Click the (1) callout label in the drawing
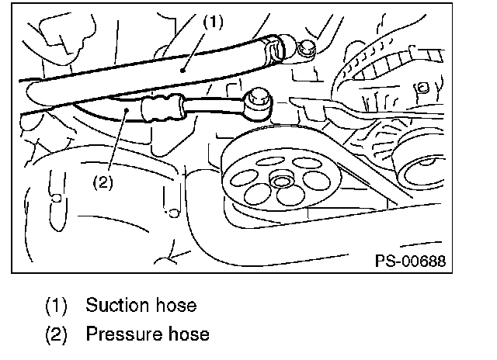pyautogui.click(x=214, y=22)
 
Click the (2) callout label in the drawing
pyautogui.click(x=103, y=183)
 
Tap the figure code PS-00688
pyautogui.click(x=409, y=260)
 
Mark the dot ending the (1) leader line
pyautogui.click(x=182, y=70)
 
